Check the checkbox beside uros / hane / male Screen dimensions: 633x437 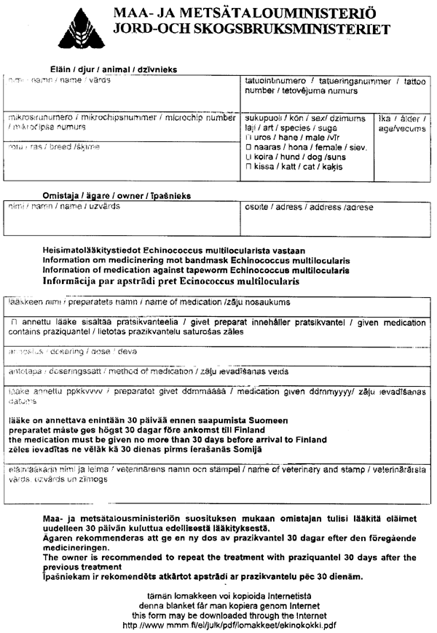pos(248,137)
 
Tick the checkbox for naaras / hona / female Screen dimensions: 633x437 pos(248,147)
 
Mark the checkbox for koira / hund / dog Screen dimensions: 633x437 pos(248,157)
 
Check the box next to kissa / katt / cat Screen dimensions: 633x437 pos(248,167)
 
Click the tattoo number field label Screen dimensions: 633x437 pos(336,86)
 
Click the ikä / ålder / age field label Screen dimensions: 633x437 pos(402,122)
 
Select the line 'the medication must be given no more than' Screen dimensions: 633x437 pos(169,439)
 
